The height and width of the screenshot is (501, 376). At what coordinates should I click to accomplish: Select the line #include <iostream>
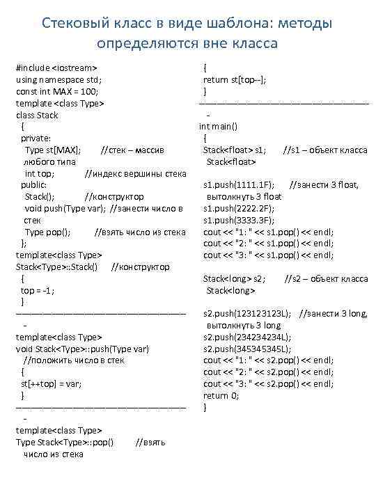tap(56, 67)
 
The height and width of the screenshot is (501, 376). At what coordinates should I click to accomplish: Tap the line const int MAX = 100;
tap(58, 91)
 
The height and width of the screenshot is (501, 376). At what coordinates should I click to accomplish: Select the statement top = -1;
tap(38, 290)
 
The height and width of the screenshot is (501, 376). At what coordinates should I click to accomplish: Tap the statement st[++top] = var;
tap(52, 383)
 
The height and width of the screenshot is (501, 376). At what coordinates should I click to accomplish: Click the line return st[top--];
tap(235, 79)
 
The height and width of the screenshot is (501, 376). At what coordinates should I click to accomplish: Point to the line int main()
tap(219, 127)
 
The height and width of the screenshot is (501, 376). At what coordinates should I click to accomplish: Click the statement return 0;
tap(221, 395)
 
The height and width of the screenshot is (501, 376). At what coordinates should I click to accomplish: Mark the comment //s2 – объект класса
tap(327, 278)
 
